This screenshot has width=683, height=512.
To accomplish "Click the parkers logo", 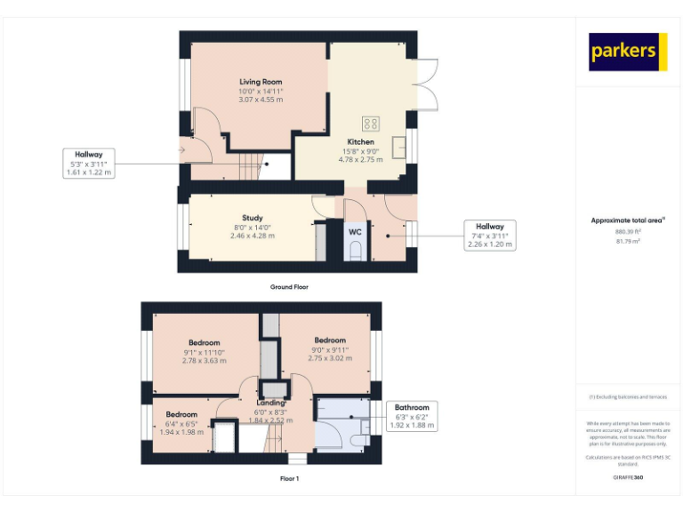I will [628, 52].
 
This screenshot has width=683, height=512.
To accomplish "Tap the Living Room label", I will [261, 82].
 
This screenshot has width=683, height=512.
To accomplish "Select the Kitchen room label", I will [360, 141].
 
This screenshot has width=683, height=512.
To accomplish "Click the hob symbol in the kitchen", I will [370, 124].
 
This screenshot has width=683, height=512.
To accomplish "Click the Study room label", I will [252, 218].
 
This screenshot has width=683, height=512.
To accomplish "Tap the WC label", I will [355, 232].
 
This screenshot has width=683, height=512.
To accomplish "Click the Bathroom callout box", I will [412, 416].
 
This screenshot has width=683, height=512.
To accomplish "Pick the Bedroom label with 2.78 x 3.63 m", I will [204, 343].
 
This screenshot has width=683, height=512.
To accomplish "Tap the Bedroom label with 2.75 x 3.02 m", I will [330, 340].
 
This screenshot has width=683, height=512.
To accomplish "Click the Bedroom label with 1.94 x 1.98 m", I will [181, 414].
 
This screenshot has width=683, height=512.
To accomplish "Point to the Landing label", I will [271, 403].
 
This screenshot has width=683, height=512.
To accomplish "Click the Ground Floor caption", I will [289, 287].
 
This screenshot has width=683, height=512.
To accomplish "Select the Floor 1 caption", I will [289, 477].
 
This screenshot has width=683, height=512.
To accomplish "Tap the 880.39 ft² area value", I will [628, 231].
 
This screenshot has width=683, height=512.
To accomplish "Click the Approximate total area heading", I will [628, 220].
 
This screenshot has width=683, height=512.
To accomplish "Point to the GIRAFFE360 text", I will [628, 478].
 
